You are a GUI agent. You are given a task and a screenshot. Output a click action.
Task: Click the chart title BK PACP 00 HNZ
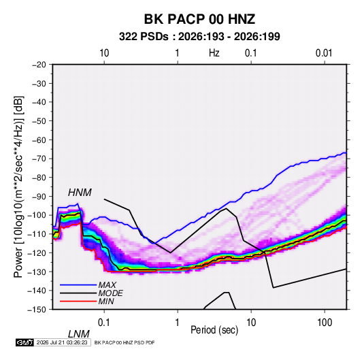click(x=199, y=19)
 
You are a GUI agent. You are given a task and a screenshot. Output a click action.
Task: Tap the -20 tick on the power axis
click(x=39, y=65)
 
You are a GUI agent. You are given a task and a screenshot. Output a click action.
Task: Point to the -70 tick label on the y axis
click(x=39, y=159)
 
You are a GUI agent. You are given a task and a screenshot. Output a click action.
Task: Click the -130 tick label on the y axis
click(x=37, y=272)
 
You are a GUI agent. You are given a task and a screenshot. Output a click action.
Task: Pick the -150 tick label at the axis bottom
click(x=37, y=310)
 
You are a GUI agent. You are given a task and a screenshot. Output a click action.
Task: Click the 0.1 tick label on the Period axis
click(x=103, y=323)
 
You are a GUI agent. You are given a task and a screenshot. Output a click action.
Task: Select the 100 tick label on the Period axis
click(x=325, y=323)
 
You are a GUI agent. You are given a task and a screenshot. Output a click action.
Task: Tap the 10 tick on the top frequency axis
click(x=104, y=53)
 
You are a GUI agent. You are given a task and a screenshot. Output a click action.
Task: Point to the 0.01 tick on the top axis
click(x=324, y=53)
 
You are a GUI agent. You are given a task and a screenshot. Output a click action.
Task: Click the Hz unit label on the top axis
click(x=214, y=53)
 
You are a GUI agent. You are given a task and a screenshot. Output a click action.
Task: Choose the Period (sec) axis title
click(x=214, y=330)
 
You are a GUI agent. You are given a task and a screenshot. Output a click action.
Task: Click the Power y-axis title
click(x=18, y=187)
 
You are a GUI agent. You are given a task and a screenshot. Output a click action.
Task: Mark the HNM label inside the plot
click(x=80, y=193)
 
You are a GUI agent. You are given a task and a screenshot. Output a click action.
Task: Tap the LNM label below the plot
click(x=78, y=334)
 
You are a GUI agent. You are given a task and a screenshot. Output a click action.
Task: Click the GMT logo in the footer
click(x=25, y=342)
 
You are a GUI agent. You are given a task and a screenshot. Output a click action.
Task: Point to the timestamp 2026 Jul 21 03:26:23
click(x=62, y=342)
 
